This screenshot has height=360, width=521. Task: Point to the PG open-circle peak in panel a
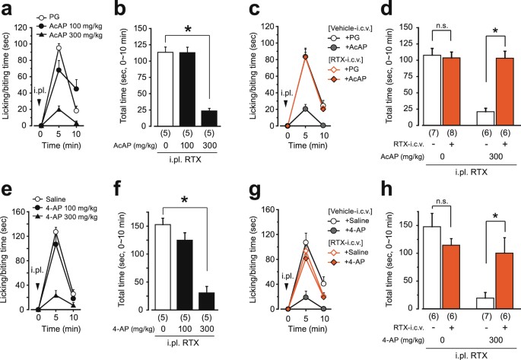pyautogui.click(x=79, y=48)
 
